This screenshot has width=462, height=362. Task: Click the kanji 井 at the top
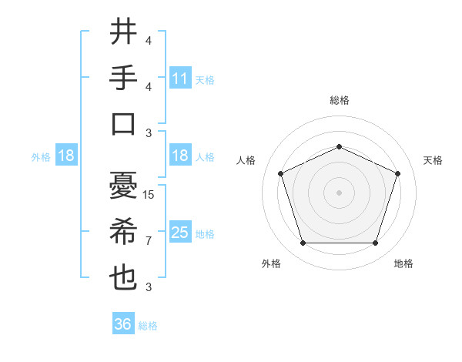click(x=124, y=32)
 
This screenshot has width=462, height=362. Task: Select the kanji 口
click(x=124, y=123)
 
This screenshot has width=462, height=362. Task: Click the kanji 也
click(x=124, y=277)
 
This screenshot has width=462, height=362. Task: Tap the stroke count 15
click(x=149, y=195)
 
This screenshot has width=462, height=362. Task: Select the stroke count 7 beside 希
click(x=149, y=241)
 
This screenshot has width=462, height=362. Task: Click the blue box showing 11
click(x=179, y=78)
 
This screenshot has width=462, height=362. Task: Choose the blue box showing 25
click(x=179, y=233)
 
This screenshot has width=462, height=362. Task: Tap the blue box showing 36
click(x=122, y=324)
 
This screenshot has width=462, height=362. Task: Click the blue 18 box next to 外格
click(x=66, y=156)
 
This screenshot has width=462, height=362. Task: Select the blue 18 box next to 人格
click(x=179, y=156)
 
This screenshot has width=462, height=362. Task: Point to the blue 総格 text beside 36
click(x=148, y=326)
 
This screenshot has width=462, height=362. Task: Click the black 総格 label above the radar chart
click(x=339, y=100)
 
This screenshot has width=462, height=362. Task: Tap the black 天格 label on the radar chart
click(x=433, y=160)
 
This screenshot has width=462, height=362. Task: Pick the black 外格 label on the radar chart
click(x=271, y=263)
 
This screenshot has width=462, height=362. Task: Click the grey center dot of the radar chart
click(x=339, y=193)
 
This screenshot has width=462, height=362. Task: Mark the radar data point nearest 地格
click(x=376, y=243)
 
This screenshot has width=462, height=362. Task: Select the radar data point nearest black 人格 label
click(x=280, y=173)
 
